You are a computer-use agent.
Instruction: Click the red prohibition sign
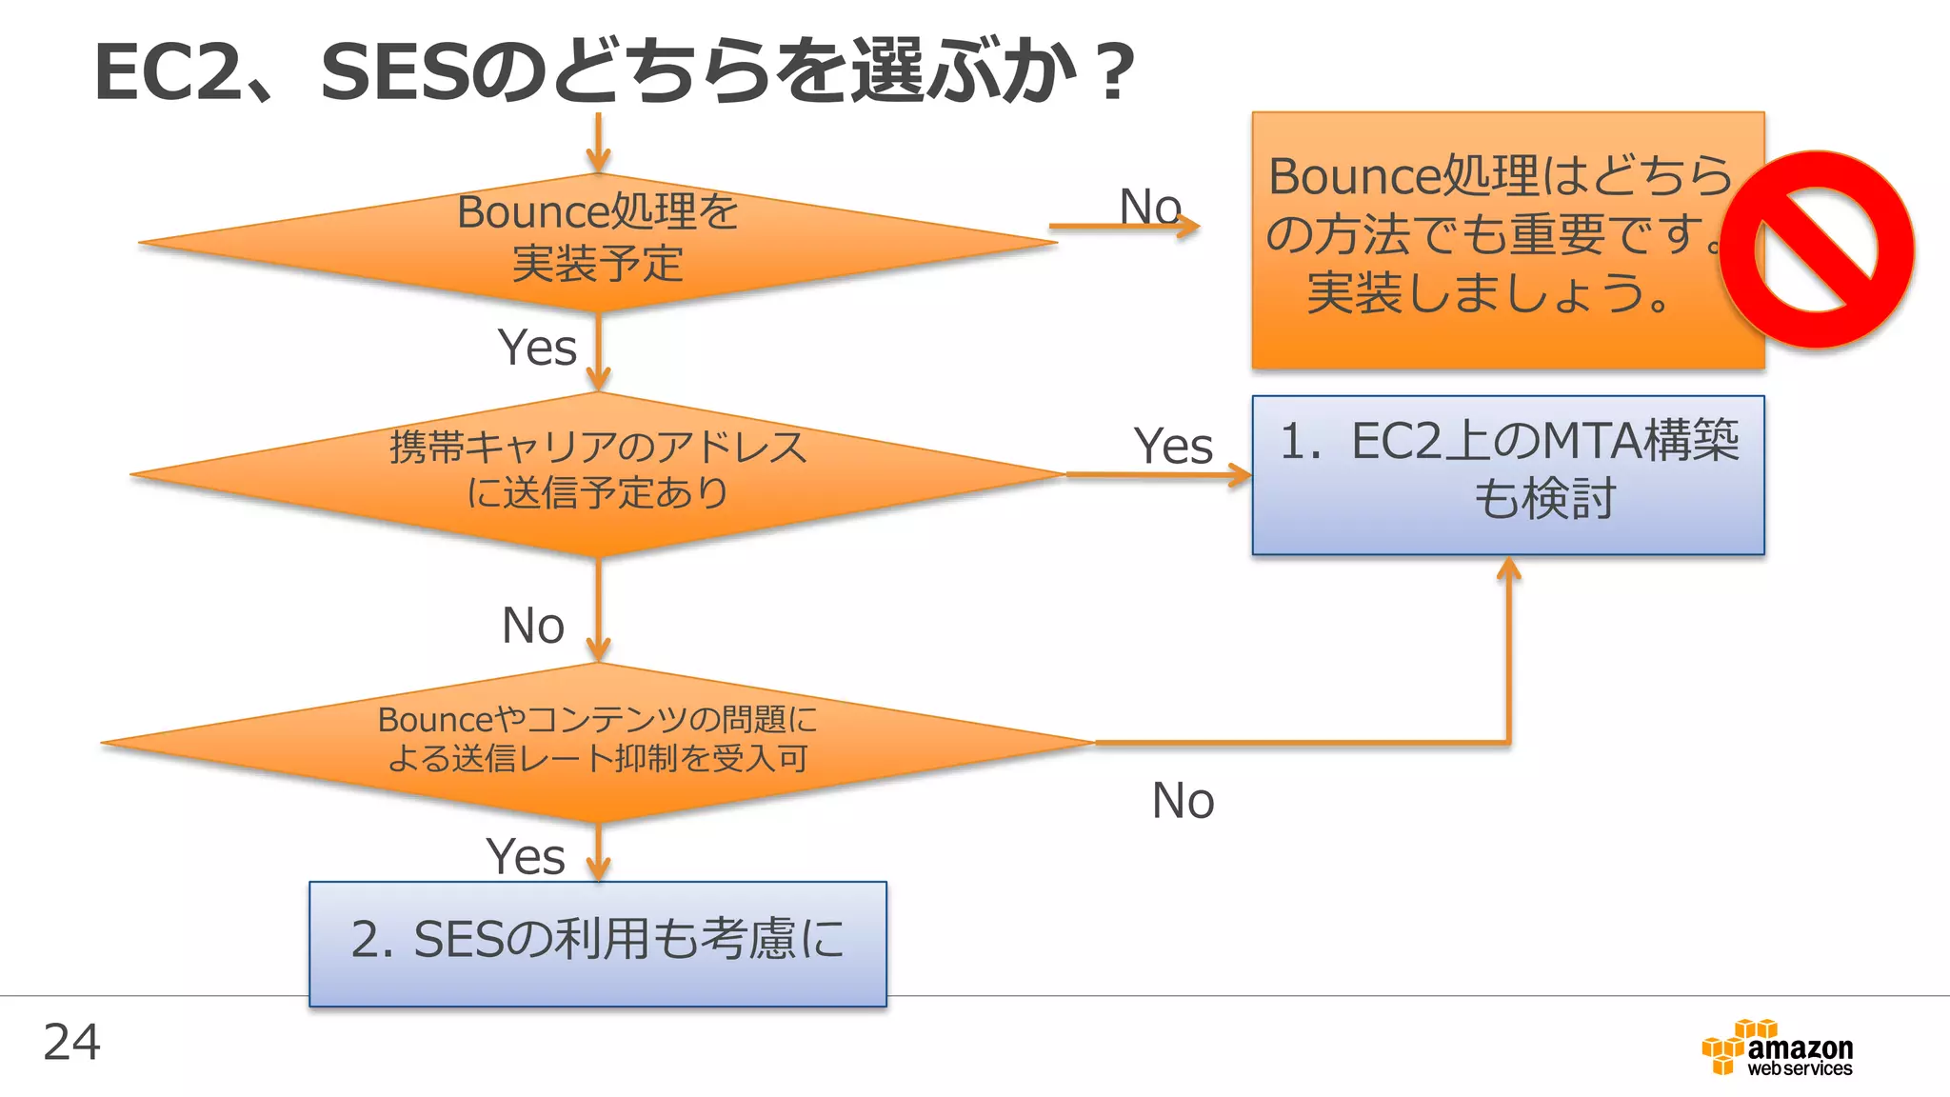coord(1817,249)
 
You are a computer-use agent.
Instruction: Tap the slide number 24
coord(71,1042)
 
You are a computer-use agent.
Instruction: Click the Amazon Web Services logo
coord(1777,1048)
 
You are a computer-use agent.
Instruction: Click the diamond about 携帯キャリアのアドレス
coord(598,472)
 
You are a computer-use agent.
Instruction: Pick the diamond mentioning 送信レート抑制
coord(598,742)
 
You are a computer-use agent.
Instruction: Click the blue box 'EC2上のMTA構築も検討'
coord(1507,474)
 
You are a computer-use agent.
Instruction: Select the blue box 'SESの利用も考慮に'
coord(598,943)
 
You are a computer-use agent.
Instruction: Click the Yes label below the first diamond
coord(537,348)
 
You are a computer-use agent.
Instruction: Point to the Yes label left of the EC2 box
coord(1173,446)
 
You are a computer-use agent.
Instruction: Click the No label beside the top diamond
coord(1149,207)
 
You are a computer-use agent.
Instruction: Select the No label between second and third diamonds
coord(533,626)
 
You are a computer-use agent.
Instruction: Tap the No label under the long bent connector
coord(1183,800)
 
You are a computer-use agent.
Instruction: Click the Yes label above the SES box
coord(526,856)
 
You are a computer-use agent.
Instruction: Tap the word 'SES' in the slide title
coord(392,72)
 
